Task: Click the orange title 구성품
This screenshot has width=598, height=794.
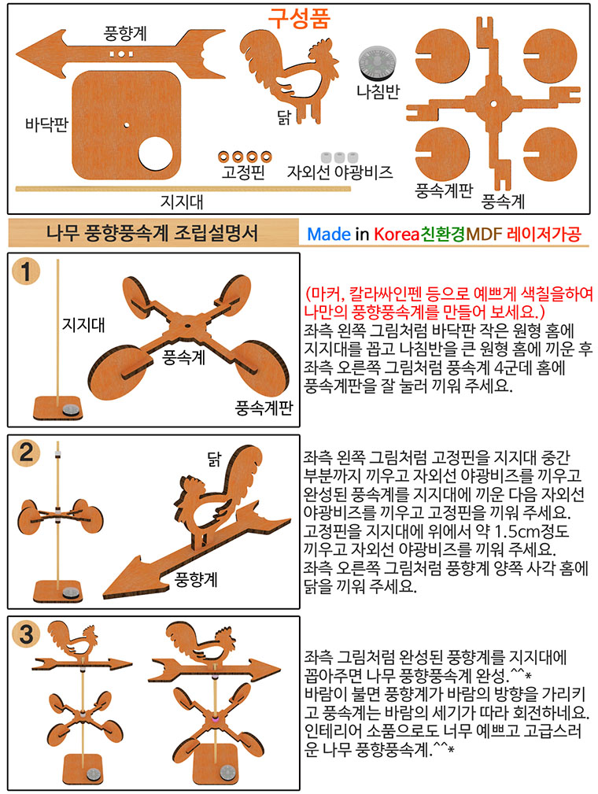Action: point(299,18)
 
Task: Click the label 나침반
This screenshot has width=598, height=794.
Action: point(378,91)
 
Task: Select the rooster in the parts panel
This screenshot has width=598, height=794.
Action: point(289,72)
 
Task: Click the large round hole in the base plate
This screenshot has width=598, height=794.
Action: point(156,153)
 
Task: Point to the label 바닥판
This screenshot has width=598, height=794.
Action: point(46,124)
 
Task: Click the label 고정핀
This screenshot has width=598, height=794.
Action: point(243,172)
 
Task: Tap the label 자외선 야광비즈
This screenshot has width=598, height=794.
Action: point(340,172)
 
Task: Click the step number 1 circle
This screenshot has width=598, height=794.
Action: point(26,271)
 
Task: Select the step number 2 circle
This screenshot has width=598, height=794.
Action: point(26,452)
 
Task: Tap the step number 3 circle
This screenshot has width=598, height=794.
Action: point(26,634)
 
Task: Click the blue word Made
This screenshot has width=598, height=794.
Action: point(329,234)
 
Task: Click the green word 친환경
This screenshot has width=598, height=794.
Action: point(443,234)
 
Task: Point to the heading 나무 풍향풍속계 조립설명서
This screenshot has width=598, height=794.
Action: point(152,234)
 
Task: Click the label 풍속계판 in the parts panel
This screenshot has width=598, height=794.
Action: point(444,191)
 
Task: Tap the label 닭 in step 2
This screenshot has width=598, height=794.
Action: point(214,458)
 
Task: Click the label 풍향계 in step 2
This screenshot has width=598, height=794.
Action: point(196,579)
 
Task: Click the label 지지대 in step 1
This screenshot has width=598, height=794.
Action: point(83,324)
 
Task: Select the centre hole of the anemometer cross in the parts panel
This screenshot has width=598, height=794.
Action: point(493,104)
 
